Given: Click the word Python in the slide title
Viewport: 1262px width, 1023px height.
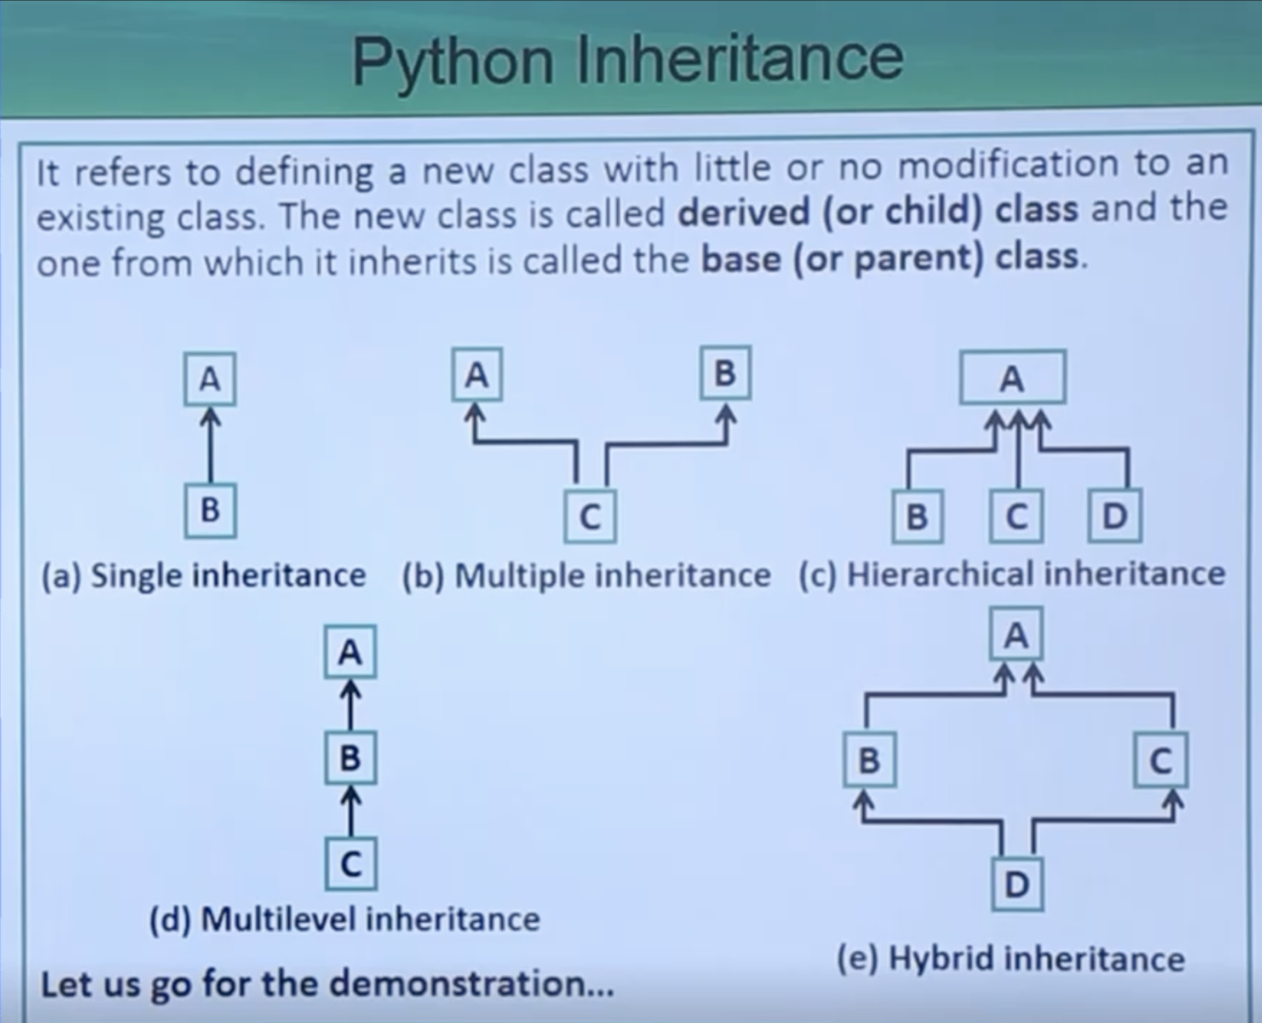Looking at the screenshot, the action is coord(452,61).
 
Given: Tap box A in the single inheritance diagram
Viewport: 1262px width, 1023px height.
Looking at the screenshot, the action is coord(210,379).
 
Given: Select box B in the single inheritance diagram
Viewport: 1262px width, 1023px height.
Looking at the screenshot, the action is coord(210,510).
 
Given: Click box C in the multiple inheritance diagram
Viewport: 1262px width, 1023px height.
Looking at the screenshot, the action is coord(590,516).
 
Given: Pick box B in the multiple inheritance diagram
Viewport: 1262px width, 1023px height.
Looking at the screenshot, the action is coord(726,372).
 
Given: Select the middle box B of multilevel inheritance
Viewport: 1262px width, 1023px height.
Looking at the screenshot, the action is coord(350,758).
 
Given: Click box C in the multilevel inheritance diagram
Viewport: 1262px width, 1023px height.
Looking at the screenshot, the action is coord(351,863).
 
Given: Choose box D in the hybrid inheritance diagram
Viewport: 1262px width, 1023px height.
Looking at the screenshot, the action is coord(1017,884).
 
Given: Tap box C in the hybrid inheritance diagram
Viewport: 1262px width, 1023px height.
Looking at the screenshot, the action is coord(1161,760).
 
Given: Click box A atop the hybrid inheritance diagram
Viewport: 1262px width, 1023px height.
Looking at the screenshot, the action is coord(1016,634).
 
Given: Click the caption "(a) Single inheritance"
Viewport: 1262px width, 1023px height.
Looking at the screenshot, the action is coord(203,575).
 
